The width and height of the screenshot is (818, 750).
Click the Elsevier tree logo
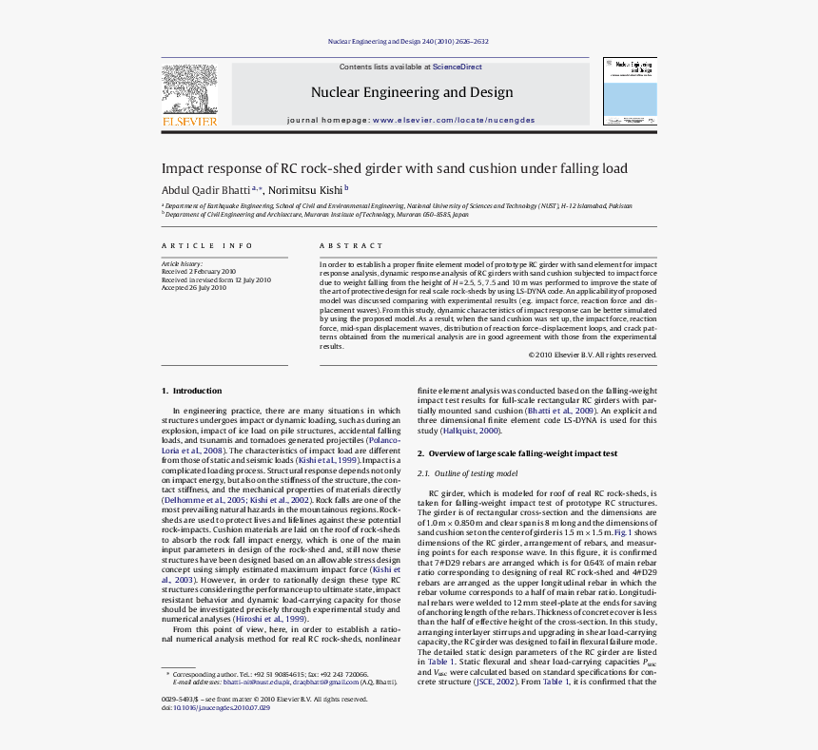pos(189,92)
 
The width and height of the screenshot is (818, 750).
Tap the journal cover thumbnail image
pos(630,94)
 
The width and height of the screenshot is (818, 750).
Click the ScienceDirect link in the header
pos(458,67)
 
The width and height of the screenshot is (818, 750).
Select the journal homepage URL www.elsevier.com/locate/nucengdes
pos(454,121)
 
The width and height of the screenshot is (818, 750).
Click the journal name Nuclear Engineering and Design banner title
pos(412,92)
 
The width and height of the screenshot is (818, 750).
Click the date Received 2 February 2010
pos(199,272)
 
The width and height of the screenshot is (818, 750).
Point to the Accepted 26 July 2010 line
pos(194,288)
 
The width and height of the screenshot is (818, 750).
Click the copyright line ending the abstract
pos(593,355)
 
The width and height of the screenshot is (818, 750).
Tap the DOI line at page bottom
pos(209,708)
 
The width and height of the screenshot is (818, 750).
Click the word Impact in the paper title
pos(182,168)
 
